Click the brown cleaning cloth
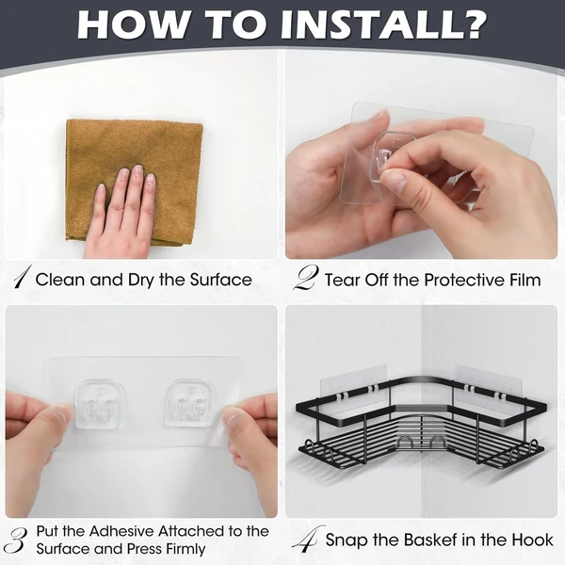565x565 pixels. tap(134, 183)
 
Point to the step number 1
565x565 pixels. tap(22, 277)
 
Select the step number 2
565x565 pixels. tap(306, 278)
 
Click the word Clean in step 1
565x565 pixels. tap(61, 280)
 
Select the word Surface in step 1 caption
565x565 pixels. tap(221, 280)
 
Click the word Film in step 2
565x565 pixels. tap(525, 280)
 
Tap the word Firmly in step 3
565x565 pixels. tap(186, 550)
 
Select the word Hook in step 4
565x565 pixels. tap(534, 541)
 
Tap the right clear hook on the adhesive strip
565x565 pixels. tap(189, 403)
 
